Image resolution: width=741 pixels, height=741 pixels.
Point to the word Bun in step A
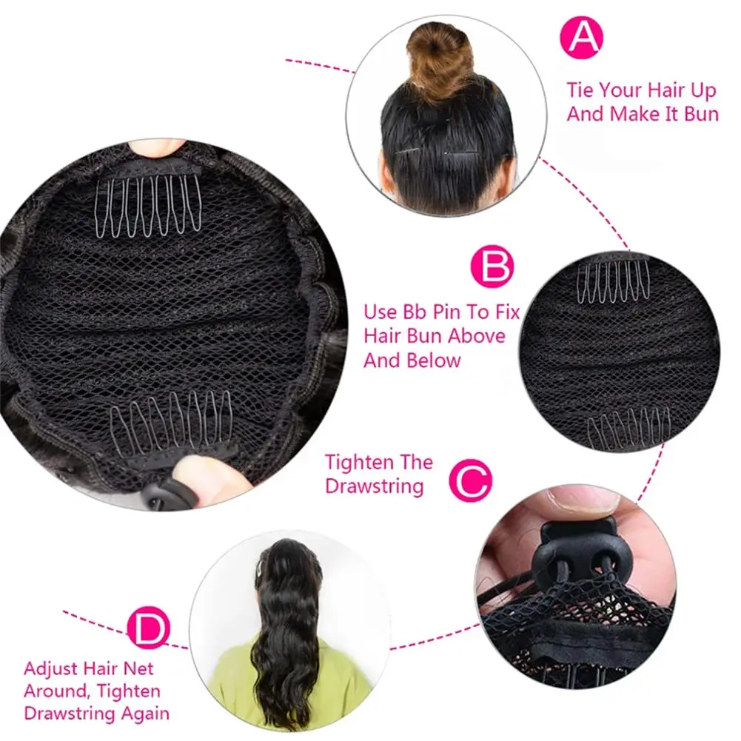point(697,115)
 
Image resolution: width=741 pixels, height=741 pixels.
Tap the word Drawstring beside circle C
point(375,486)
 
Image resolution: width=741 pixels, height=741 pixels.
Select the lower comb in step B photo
point(629,431)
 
